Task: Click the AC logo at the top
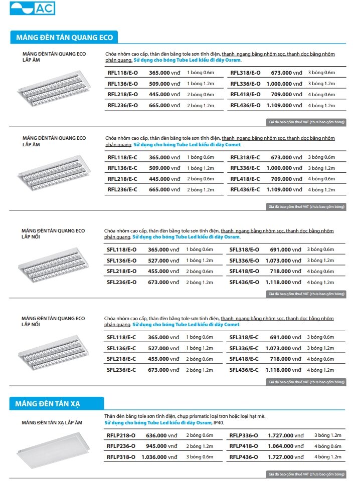tap(33, 9)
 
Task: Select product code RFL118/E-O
tap(123, 73)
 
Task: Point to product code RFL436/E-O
tap(246, 105)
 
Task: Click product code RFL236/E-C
tap(123, 189)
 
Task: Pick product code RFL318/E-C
tap(245, 157)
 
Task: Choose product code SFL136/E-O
tap(121, 261)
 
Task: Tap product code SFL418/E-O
tap(244, 271)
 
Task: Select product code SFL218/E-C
tap(121, 359)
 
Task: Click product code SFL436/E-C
tap(244, 370)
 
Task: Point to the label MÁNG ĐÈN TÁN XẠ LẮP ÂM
tap(52, 423)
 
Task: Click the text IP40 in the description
tap(219, 423)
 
